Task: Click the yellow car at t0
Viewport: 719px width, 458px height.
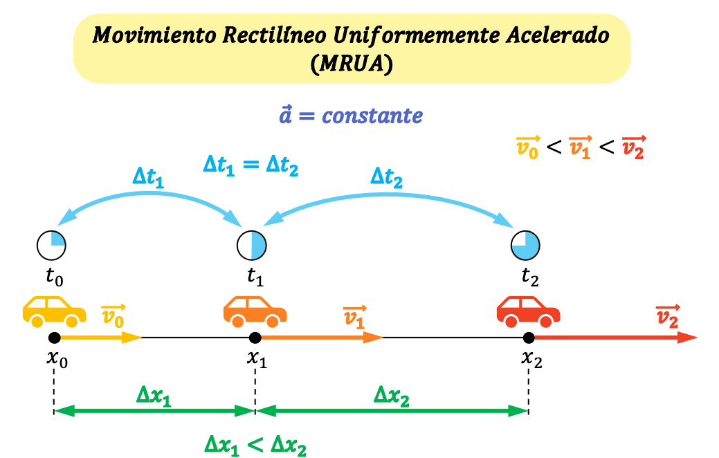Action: point(54,312)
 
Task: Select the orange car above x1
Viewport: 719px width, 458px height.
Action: point(255,312)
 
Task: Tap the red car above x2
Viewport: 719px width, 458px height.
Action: point(528,312)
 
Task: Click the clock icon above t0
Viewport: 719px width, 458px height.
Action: point(51,246)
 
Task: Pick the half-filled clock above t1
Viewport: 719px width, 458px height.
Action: point(252,246)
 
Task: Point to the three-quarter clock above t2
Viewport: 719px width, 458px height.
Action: point(525,246)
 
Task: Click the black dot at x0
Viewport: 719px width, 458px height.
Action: point(54,338)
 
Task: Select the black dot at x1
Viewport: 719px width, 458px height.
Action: point(255,338)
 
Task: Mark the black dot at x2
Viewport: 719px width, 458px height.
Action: point(529,338)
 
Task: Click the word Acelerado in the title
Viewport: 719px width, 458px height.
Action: point(558,35)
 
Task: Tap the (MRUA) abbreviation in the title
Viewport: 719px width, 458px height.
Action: point(352,63)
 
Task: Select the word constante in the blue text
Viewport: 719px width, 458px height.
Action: point(372,116)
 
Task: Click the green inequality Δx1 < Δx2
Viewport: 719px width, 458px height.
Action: point(255,445)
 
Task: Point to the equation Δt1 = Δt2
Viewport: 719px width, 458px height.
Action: point(251,165)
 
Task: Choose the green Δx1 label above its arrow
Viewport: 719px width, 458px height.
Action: point(154,395)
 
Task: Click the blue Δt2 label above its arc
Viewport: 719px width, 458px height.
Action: point(387,177)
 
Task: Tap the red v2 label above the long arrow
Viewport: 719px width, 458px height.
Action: point(667,316)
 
